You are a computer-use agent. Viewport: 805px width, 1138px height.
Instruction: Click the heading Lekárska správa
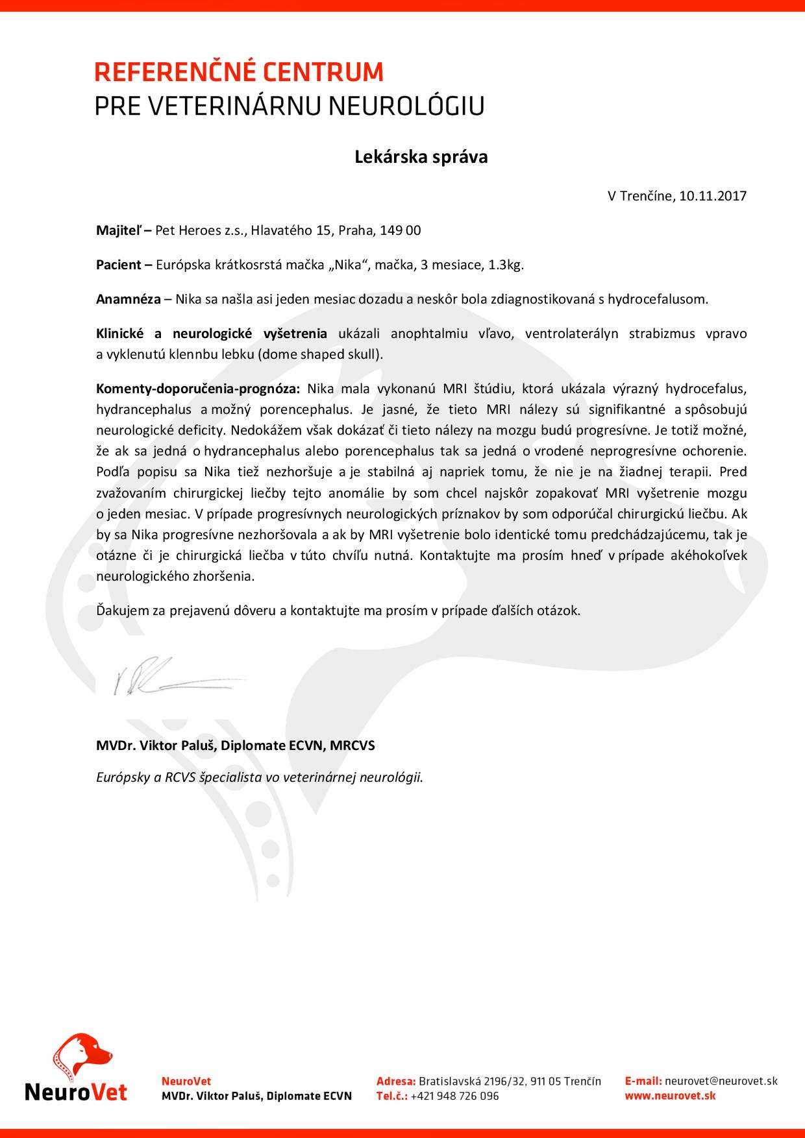421,157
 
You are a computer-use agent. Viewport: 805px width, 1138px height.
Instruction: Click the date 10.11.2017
713,196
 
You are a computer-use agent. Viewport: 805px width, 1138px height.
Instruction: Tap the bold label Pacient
119,265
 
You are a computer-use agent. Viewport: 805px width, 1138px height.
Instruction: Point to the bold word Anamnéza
128,299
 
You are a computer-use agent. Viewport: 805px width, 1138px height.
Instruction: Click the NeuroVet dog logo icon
82,1052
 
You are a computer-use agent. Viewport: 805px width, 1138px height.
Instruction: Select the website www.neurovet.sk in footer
670,1096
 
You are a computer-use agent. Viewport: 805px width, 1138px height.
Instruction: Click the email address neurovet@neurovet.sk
721,1081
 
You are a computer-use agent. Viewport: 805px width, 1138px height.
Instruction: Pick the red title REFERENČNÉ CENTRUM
239,73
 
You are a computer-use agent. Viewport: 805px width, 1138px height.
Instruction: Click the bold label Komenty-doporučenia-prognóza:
198,389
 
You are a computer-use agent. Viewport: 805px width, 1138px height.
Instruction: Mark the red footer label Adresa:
395,1081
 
